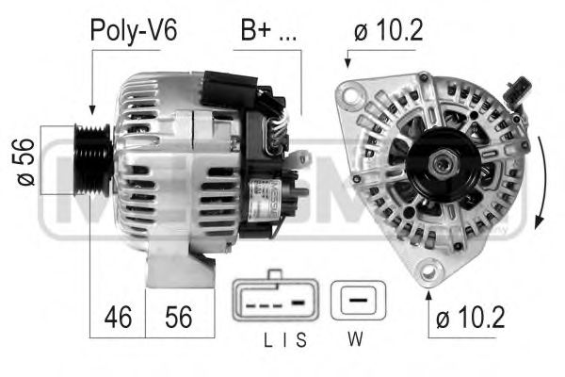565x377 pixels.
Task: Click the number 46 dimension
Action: pyautogui.click(x=118, y=317)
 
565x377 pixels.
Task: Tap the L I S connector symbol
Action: pyautogui.click(x=274, y=304)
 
